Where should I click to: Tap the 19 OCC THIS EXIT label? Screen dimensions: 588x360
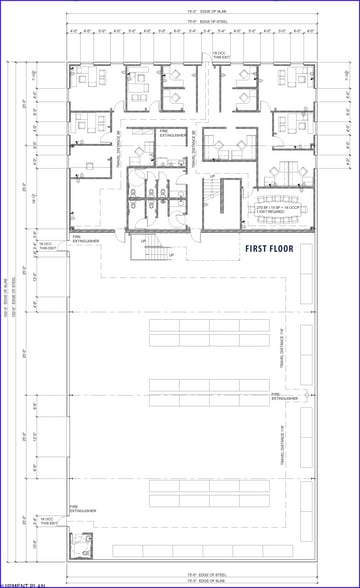(x=218, y=56)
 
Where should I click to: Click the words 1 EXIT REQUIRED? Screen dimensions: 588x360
(x=268, y=214)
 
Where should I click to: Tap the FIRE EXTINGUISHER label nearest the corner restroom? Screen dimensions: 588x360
(x=83, y=508)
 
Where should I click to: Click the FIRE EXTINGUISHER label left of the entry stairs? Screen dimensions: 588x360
(x=84, y=238)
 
